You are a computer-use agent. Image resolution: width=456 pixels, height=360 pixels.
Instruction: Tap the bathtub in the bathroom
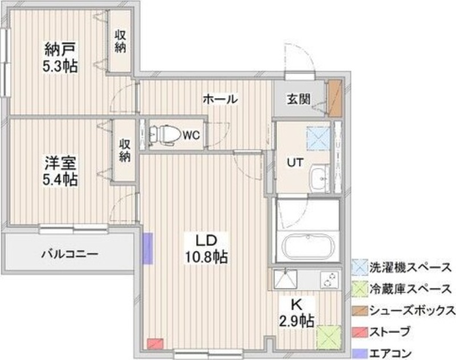(308, 248)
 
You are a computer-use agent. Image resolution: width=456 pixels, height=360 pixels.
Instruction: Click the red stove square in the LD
(154, 344)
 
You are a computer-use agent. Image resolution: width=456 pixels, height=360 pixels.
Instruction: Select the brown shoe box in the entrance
(334, 98)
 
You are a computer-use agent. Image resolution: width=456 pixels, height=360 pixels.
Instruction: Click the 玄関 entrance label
(298, 100)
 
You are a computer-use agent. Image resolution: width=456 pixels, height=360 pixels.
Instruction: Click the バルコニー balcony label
(70, 254)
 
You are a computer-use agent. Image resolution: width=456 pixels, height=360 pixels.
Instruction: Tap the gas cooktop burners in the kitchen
(329, 280)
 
